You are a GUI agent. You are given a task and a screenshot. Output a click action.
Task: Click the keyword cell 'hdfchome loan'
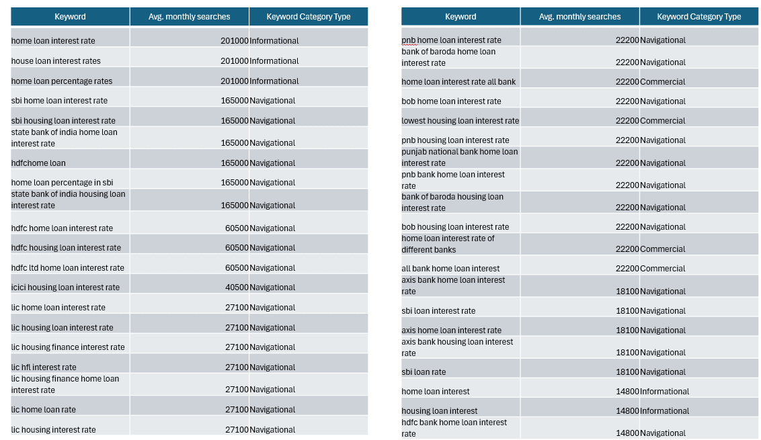(38, 163)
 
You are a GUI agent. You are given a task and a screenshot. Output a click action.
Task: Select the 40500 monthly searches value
(237, 288)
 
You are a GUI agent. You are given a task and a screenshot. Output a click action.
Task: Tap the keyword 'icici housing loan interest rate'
(65, 288)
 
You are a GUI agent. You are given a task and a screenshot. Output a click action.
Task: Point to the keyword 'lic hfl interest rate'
(44, 367)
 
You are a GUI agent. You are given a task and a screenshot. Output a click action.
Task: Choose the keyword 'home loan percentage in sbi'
(62, 183)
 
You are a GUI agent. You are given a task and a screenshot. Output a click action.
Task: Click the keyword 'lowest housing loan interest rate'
(460, 121)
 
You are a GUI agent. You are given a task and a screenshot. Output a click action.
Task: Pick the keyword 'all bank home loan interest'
(450, 269)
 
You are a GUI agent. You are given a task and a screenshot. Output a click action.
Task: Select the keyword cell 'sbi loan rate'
(424, 372)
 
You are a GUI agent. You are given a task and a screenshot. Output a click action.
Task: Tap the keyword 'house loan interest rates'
(56, 61)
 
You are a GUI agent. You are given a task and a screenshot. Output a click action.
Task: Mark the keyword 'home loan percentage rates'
(62, 81)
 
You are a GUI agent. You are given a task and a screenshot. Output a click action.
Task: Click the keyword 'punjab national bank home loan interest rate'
(460, 157)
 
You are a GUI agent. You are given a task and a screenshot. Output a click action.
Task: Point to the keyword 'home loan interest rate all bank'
(458, 82)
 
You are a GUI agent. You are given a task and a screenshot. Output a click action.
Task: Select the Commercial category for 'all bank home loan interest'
(663, 269)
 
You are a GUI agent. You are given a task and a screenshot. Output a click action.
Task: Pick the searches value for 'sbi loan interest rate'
(627, 311)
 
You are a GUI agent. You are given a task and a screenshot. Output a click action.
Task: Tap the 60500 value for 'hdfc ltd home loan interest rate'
(237, 268)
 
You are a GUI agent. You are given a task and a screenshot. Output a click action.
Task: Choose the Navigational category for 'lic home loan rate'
(272, 410)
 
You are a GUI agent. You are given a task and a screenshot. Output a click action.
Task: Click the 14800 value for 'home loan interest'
(627, 392)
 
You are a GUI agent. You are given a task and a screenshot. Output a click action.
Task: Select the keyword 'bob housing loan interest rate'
(455, 227)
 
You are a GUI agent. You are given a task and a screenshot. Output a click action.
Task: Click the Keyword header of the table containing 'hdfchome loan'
(70, 17)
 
